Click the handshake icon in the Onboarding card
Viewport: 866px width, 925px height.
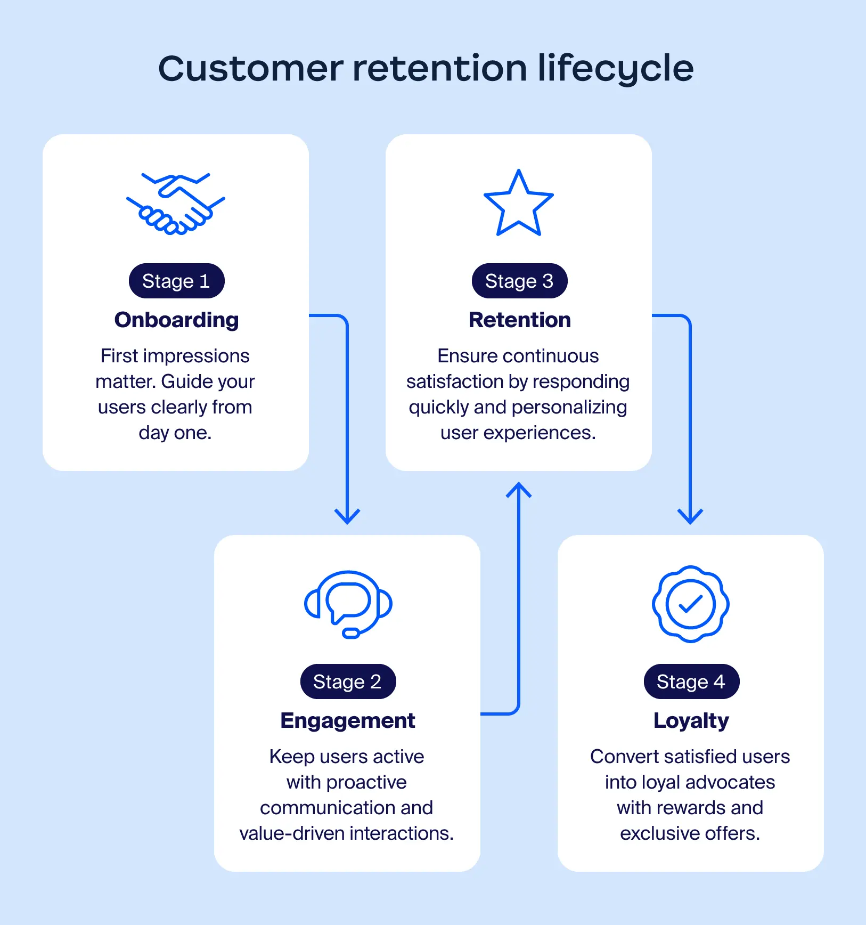pyautogui.click(x=175, y=204)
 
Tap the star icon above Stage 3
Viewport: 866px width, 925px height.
pyautogui.click(x=518, y=205)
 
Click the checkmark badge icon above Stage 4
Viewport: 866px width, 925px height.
pyautogui.click(x=690, y=604)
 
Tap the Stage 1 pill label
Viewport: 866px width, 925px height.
pyautogui.click(x=176, y=281)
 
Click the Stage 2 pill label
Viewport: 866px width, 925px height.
pyautogui.click(x=348, y=681)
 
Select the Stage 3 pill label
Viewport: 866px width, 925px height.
pyautogui.click(x=519, y=281)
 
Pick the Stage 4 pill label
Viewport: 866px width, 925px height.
pyautogui.click(x=691, y=681)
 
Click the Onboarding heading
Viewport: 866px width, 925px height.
pyautogui.click(x=176, y=320)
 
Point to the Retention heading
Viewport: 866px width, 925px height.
pyautogui.click(x=519, y=320)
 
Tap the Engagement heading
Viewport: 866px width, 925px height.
pyautogui.click(x=347, y=721)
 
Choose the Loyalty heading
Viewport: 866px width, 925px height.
pyautogui.click(x=691, y=721)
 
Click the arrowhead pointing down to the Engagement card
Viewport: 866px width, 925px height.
pyautogui.click(x=347, y=517)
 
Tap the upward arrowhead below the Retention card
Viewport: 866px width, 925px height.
pyautogui.click(x=519, y=490)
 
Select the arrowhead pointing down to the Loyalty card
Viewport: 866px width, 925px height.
pyautogui.click(x=690, y=517)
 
